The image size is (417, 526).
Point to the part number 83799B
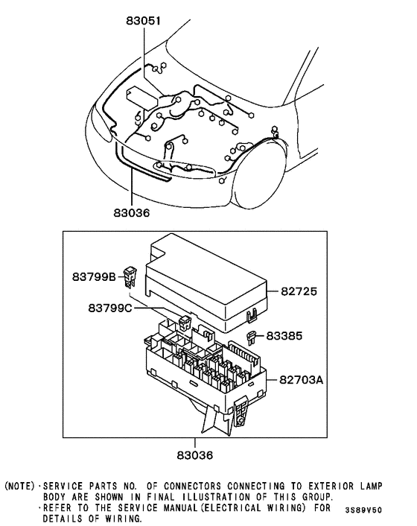click(93, 277)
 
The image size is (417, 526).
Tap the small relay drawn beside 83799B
click(132, 276)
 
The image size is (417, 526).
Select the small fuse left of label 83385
click(254, 337)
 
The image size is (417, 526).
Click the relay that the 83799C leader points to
click(185, 322)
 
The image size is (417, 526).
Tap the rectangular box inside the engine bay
click(141, 98)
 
